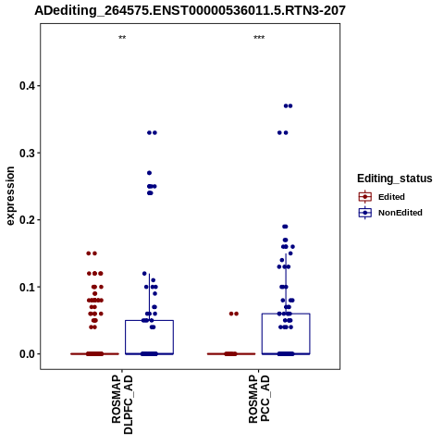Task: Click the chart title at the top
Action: (190, 11)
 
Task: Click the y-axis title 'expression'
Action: (10, 196)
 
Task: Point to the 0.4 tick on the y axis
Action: (27, 86)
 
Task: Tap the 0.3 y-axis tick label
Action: (27, 153)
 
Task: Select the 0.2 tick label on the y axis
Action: (27, 220)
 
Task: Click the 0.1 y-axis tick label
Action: (27, 287)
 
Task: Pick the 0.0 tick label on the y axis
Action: (27, 354)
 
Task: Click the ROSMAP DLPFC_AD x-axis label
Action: (122, 404)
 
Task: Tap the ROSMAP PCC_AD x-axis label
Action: (259, 399)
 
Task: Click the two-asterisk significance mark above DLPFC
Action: (122, 38)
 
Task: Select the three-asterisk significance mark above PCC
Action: (259, 38)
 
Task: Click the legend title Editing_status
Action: (395, 179)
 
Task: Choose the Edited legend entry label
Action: (391, 197)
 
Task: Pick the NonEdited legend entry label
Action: (401, 213)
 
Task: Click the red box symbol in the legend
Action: (365, 197)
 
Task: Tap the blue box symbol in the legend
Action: (365, 213)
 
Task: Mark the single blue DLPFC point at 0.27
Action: (149, 173)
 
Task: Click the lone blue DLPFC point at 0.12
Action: (144, 274)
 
